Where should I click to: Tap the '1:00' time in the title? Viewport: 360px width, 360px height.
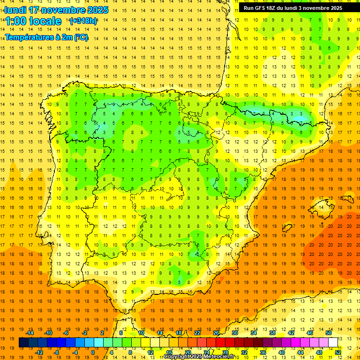(x=16, y=21)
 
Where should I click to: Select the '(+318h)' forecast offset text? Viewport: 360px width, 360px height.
(x=83, y=21)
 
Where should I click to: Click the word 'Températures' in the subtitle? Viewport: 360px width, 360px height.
(x=29, y=37)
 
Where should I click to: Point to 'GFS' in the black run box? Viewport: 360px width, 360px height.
(x=262, y=8)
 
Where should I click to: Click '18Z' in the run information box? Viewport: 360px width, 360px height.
(x=275, y=8)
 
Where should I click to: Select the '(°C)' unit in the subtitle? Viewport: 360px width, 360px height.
(x=81, y=37)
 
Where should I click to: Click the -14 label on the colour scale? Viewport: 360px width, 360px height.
(x=30, y=332)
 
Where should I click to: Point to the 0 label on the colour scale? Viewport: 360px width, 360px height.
(x=92, y=352)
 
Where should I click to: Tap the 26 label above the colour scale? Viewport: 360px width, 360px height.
(x=216, y=332)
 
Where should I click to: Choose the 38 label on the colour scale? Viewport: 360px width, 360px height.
(x=272, y=332)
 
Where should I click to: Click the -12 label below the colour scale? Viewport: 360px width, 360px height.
(x=39, y=352)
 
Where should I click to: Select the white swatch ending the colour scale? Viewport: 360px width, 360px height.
(x=333, y=342)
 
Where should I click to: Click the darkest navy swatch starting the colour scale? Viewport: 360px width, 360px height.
(x=23, y=342)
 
